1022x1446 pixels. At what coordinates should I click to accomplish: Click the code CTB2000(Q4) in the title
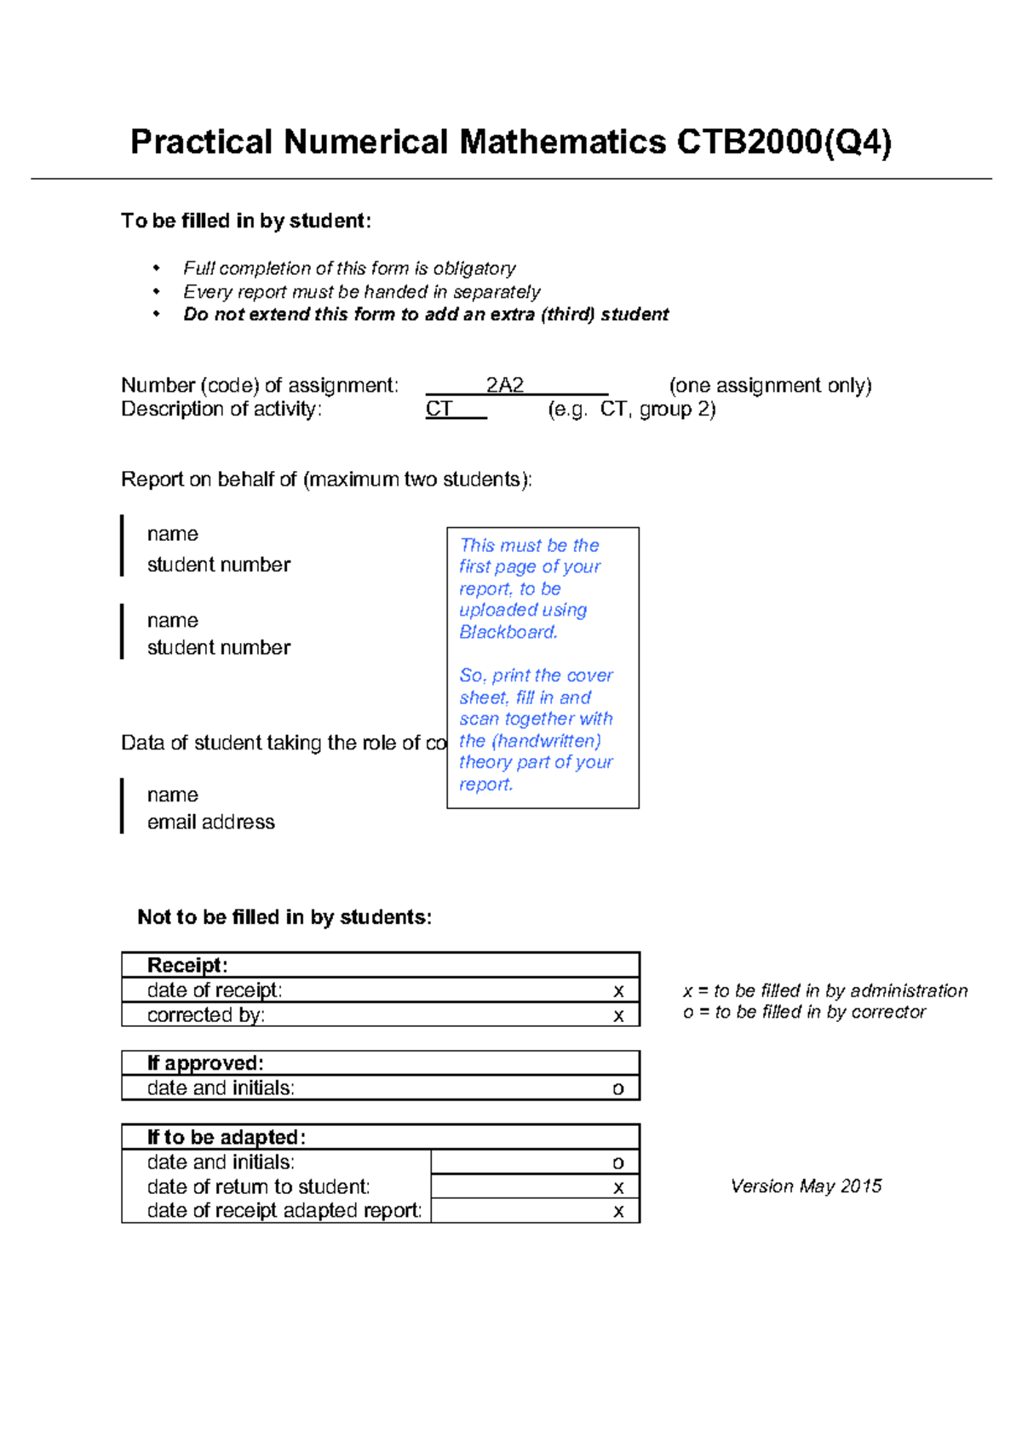tap(784, 142)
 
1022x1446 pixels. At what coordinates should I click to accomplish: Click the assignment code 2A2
tap(504, 386)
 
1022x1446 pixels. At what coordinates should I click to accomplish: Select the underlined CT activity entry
tap(439, 410)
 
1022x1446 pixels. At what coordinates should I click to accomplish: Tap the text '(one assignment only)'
tap(770, 386)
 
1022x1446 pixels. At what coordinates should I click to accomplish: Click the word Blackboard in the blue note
tap(508, 632)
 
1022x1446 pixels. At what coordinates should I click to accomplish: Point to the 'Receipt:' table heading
tap(187, 965)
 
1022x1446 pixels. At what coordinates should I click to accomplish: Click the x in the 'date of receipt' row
tap(618, 990)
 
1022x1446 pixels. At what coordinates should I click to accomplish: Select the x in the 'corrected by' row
tap(618, 1015)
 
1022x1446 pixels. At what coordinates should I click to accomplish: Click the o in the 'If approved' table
tap(618, 1088)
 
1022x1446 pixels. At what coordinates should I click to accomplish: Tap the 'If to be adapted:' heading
tap(227, 1137)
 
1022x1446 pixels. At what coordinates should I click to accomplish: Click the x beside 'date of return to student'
tap(618, 1187)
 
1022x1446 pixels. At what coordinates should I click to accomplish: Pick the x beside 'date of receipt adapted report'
tap(618, 1211)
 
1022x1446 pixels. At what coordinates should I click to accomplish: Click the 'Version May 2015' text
tap(806, 1186)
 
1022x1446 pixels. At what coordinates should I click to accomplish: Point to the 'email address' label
tap(210, 822)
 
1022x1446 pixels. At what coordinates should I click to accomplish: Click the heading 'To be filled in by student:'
tap(246, 221)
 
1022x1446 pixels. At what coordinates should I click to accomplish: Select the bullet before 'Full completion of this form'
tap(157, 268)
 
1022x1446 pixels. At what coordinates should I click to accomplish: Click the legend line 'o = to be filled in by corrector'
tap(804, 1013)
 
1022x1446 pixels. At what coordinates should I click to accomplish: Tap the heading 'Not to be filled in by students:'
tap(284, 917)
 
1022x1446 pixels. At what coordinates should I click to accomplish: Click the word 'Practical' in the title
tap(201, 142)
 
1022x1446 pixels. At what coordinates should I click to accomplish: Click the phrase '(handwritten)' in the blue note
tap(546, 741)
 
